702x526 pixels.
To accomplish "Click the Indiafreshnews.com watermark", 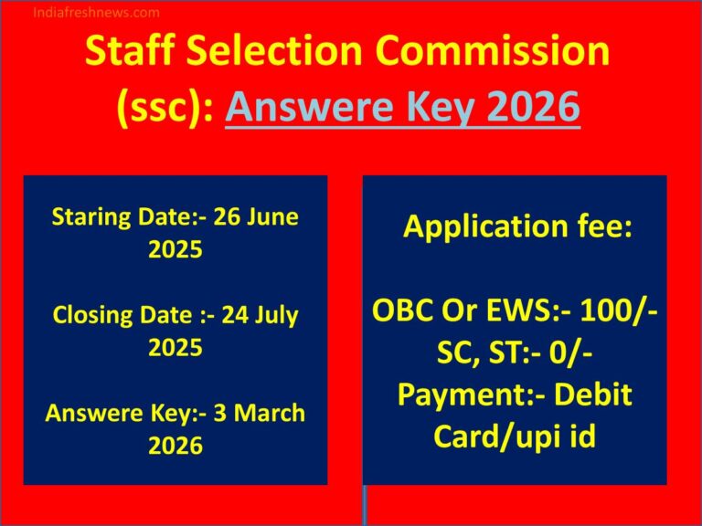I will [96, 13].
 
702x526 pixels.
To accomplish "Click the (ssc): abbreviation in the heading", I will [165, 109].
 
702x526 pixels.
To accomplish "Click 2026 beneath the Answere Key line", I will [175, 446].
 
